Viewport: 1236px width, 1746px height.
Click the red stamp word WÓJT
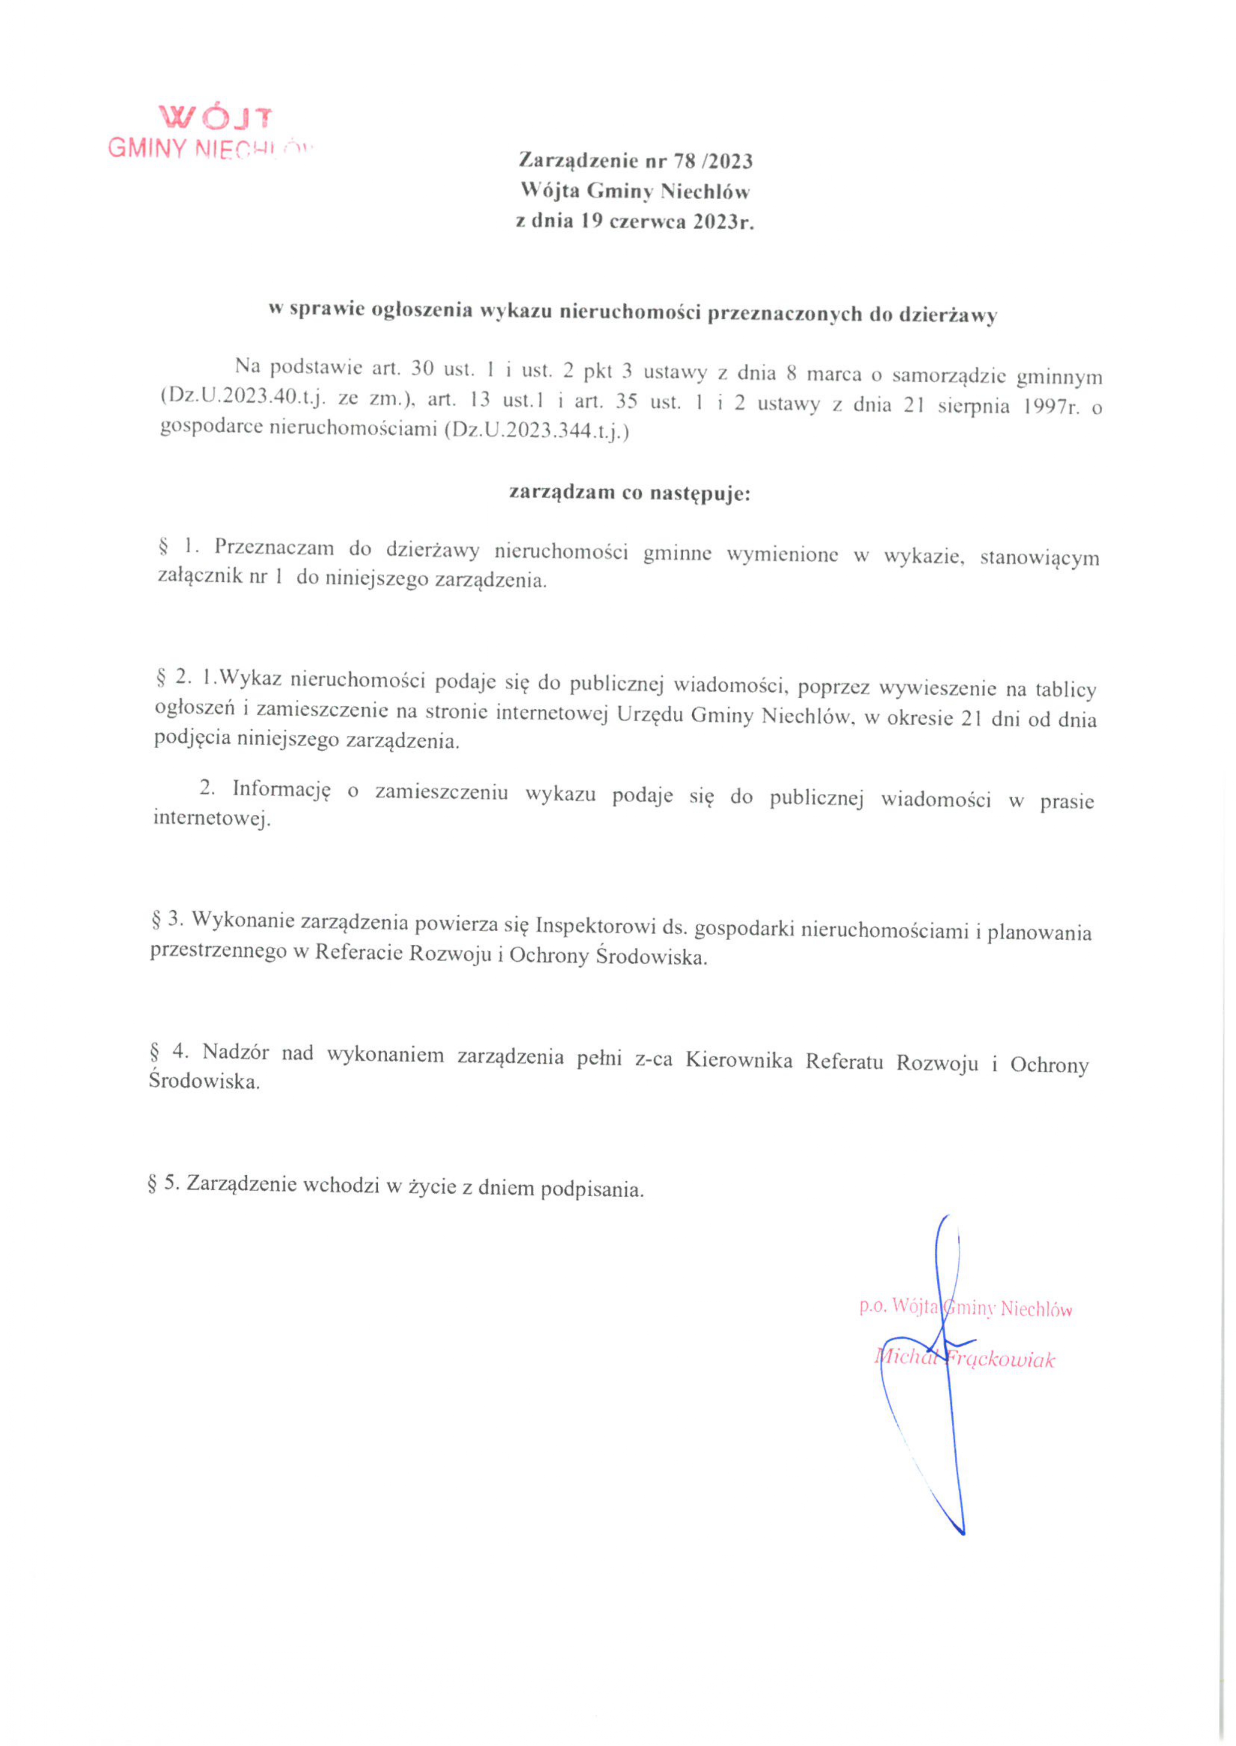pyautogui.click(x=215, y=117)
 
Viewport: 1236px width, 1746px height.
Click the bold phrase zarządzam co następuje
pyautogui.click(x=629, y=493)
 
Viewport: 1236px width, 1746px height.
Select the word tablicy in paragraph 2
pyautogui.click(x=1066, y=689)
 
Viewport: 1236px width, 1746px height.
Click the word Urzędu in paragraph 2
pyautogui.click(x=651, y=715)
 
